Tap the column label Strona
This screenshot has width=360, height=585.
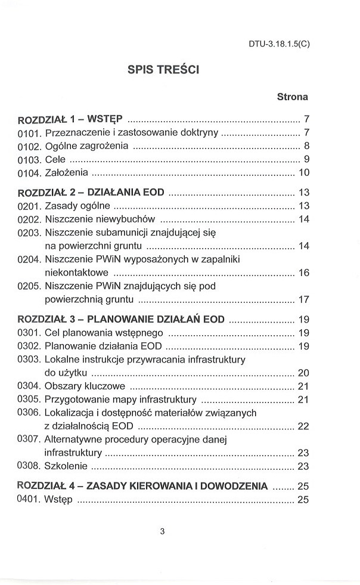(x=292, y=96)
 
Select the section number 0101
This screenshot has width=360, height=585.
(x=29, y=132)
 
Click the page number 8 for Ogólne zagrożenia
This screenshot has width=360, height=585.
(x=306, y=146)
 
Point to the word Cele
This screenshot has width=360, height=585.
(x=55, y=159)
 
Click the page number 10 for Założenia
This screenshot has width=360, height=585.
(x=303, y=173)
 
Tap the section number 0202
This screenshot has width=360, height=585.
(x=29, y=219)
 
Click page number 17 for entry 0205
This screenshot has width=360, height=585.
(x=303, y=299)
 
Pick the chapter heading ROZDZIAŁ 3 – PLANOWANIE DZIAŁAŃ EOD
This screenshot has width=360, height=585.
(x=122, y=319)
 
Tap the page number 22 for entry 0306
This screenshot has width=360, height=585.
(x=303, y=426)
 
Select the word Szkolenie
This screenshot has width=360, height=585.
(x=66, y=466)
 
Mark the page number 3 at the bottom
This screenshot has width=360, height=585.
(x=162, y=533)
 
